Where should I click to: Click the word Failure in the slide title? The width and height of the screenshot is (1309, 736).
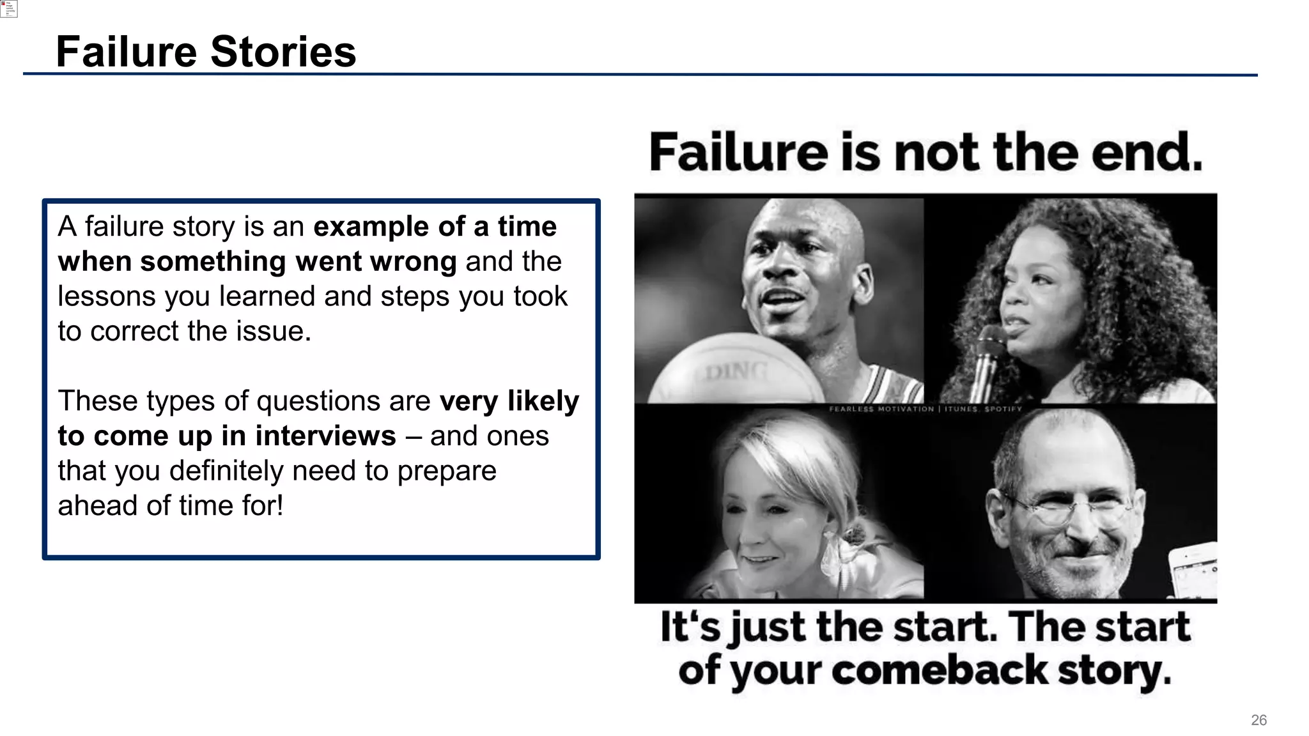(126, 52)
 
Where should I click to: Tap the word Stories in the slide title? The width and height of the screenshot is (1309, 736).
(283, 52)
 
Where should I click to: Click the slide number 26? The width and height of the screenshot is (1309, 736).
(1259, 720)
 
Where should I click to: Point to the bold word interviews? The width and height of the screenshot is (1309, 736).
(325, 436)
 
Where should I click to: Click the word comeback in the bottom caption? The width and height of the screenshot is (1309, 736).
(940, 671)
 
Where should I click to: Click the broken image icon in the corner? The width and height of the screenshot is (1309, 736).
(8, 8)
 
